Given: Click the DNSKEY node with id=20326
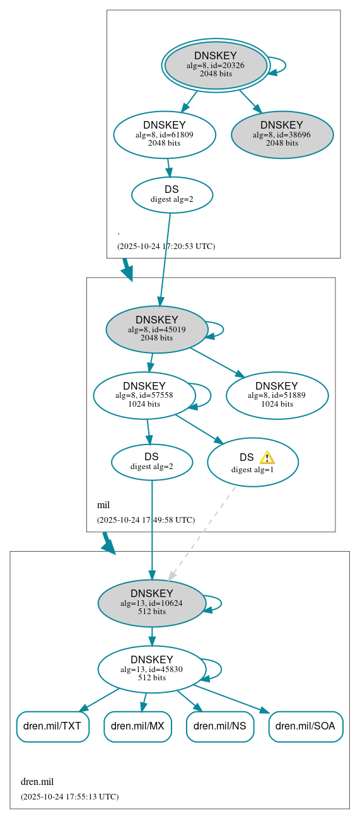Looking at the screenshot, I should [216, 65].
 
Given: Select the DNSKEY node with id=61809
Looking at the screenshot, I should [165, 134].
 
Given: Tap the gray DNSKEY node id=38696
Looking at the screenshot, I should [282, 134].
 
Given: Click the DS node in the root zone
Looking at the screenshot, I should [171, 194].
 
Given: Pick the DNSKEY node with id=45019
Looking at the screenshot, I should [157, 329].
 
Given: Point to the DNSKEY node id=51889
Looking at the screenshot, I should [277, 395].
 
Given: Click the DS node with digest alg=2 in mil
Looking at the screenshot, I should [151, 462].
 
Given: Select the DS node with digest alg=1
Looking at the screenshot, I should [252, 463].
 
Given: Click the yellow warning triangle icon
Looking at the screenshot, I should [267, 457].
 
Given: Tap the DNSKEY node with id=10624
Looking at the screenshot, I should [152, 603].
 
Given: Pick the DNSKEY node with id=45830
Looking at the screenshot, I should [152, 669].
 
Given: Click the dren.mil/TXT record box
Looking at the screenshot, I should [52, 726].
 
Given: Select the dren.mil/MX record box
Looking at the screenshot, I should [137, 726].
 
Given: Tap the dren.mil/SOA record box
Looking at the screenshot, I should [306, 726].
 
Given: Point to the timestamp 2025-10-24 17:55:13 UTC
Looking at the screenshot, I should [69, 796].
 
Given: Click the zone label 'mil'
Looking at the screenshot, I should [103, 505].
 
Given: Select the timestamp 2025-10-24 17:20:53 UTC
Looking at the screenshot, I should [166, 246].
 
